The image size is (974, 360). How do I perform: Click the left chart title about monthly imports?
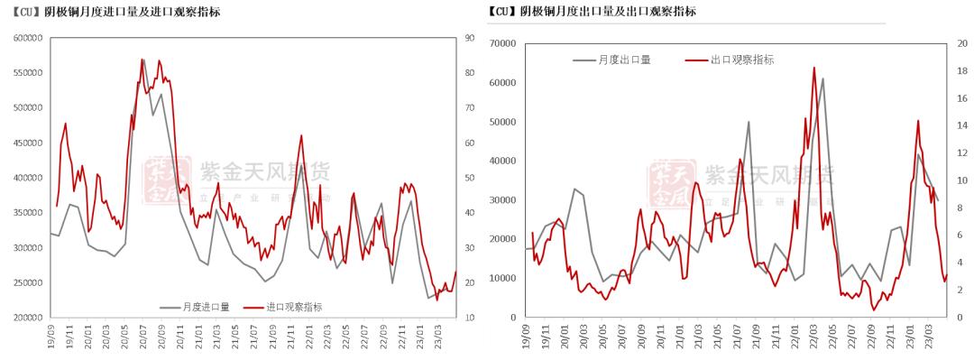click(x=116, y=13)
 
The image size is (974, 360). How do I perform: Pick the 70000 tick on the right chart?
click(x=501, y=43)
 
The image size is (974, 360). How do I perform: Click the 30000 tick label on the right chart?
click(x=501, y=200)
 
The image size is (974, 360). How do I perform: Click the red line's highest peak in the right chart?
click(x=813, y=67)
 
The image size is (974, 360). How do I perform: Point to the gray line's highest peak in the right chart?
click(x=822, y=78)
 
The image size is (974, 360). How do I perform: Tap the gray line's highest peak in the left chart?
click(x=142, y=60)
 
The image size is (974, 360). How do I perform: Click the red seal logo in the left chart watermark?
click(x=169, y=180)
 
